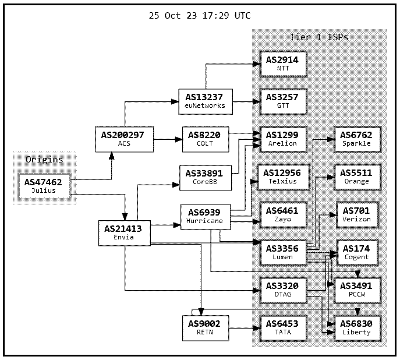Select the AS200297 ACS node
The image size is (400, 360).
tap(123, 139)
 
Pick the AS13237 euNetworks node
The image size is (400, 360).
tap(204, 101)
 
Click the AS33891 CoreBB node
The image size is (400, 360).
tap(204, 177)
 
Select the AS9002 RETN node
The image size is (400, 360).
tap(204, 327)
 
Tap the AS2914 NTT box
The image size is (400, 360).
tap(282, 63)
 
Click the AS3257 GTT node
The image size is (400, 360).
tap(282, 101)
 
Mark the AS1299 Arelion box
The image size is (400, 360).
tap(282, 139)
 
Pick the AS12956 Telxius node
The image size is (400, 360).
tap(282, 177)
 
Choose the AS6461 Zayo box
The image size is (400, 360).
tap(282, 214)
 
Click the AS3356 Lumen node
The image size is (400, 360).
tap(282, 252)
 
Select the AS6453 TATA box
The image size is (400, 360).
tap(282, 327)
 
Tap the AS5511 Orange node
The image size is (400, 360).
tap(356, 177)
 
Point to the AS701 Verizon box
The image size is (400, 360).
tap(356, 214)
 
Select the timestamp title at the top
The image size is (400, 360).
tap(200, 16)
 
